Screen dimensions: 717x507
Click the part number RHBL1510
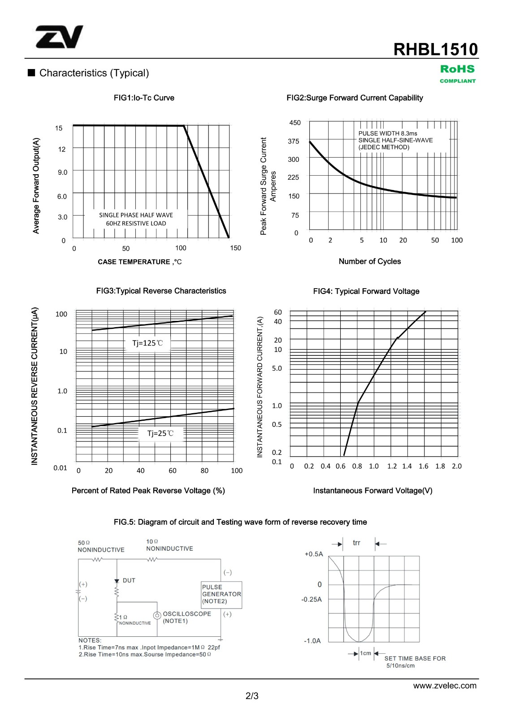[x=435, y=49]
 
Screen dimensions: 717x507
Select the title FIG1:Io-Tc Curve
[x=144, y=98]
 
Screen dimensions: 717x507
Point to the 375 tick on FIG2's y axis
[x=294, y=141]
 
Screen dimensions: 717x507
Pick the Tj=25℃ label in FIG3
[x=160, y=433]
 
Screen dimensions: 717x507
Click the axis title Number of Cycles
[x=369, y=261]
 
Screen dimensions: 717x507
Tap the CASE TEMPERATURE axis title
[x=139, y=262]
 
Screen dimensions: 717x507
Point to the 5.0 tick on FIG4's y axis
[x=277, y=368]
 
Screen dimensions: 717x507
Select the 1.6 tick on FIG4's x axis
[x=423, y=466]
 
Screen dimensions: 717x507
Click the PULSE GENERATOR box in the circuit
[x=221, y=594]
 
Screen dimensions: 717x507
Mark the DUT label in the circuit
[x=129, y=580]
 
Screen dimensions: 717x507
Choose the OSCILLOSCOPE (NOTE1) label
[x=186, y=617]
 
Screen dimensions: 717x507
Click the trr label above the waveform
[x=356, y=543]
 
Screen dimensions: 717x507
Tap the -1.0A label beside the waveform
[x=312, y=641]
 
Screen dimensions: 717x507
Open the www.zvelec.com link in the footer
[x=445, y=686]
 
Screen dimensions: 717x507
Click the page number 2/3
[x=252, y=696]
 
